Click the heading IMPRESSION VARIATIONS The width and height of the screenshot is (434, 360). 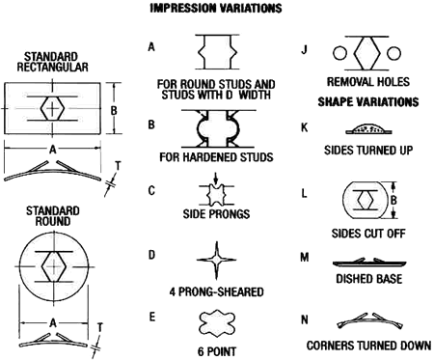click(x=216, y=9)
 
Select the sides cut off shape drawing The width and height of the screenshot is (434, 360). click(x=367, y=201)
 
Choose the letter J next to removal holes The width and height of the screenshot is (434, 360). click(x=305, y=47)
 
